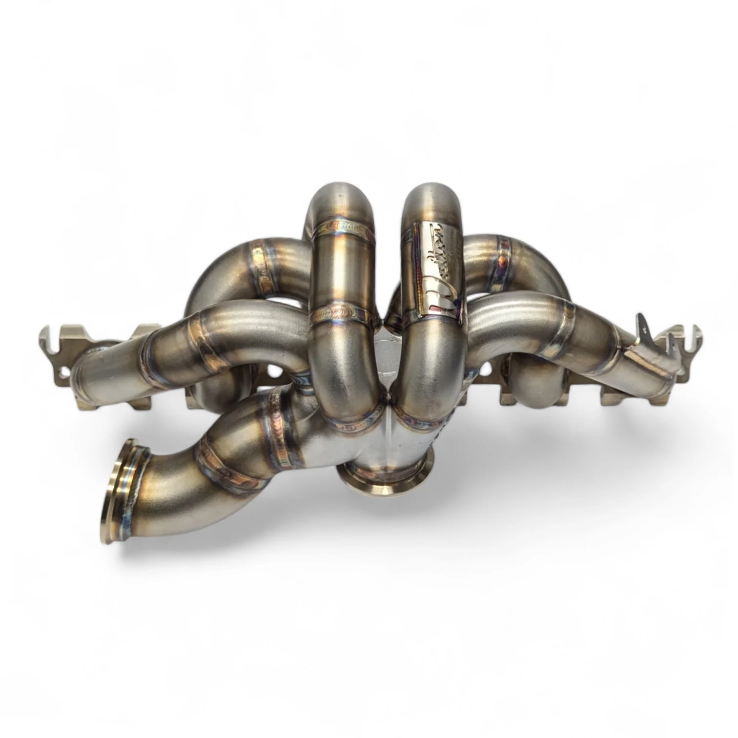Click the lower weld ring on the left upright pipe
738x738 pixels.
(x=342, y=315)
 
